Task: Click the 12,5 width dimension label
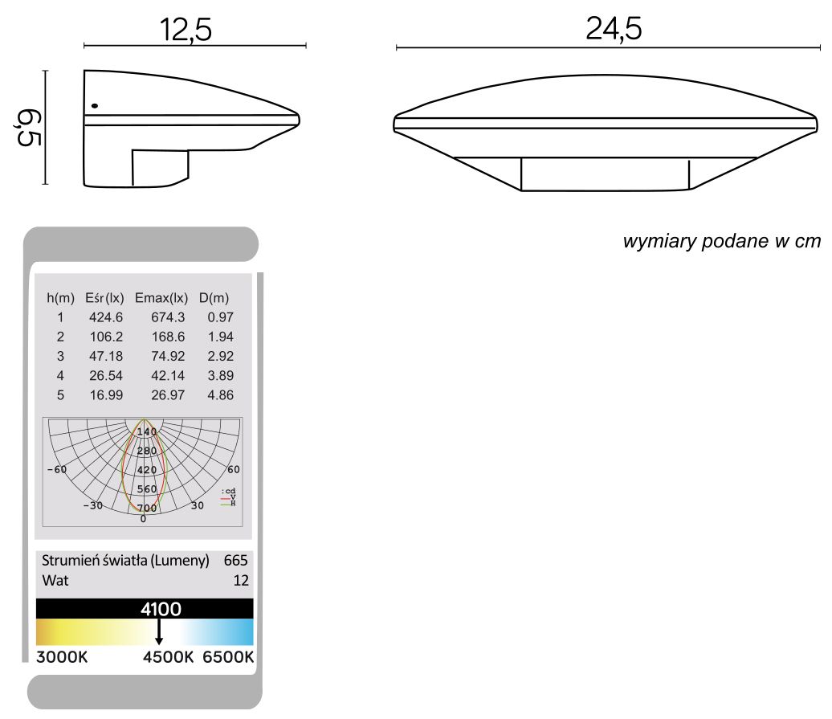pos(186,30)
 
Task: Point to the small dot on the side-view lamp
pos(95,105)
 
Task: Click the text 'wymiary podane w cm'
pos(722,242)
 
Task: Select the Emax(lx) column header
pos(161,299)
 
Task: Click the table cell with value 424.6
pos(106,318)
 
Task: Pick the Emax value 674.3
pos(168,318)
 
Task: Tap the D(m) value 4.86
pos(215,395)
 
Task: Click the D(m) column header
pos(214,299)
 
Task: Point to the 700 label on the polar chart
pos(147,508)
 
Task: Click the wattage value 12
pos(241,580)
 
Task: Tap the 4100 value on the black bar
pos(161,609)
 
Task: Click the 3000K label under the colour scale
pos(62,657)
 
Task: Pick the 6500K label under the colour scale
pos(228,657)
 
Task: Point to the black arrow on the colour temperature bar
pos(159,631)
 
